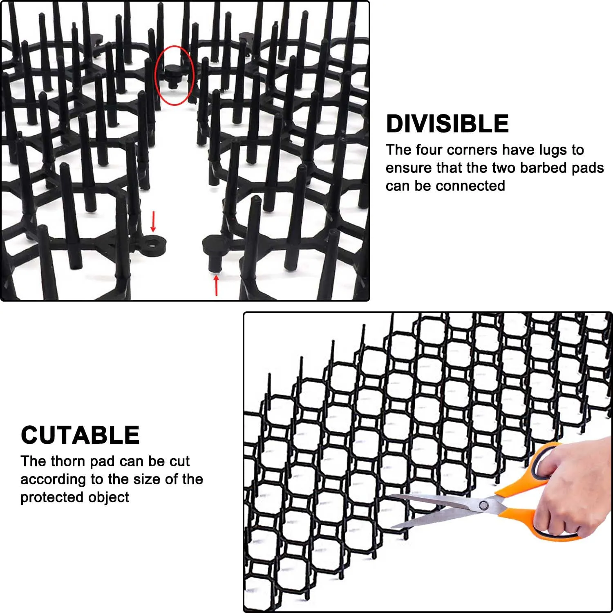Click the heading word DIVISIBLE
(447, 123)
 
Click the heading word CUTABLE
(80, 435)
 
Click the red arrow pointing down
(153, 221)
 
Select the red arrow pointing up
(216, 285)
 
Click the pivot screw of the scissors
(483, 505)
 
